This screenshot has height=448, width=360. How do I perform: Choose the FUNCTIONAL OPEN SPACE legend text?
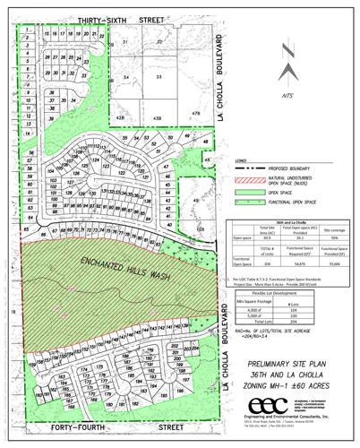click(x=292, y=206)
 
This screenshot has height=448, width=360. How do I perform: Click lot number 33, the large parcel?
click(x=159, y=79)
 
